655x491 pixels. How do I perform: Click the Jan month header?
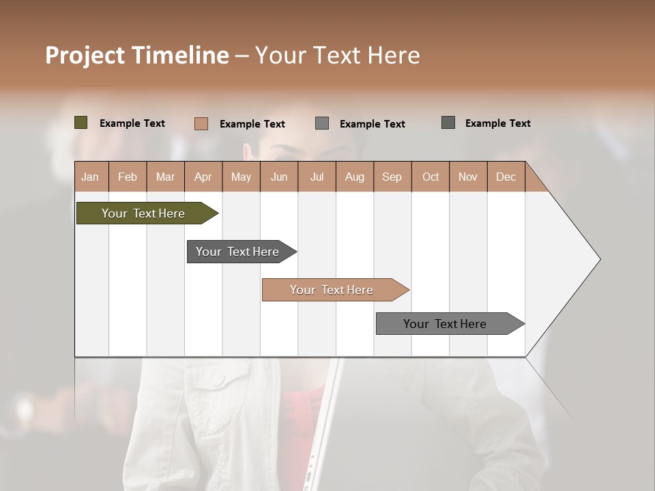click(90, 177)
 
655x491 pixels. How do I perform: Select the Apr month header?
click(203, 177)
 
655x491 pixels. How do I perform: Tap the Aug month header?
click(354, 177)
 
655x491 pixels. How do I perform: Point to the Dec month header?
click(506, 177)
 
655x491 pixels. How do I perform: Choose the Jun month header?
click(278, 177)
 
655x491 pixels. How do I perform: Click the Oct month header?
click(430, 177)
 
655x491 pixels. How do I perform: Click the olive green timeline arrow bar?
click(144, 213)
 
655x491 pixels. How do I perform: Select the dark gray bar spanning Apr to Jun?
click(238, 252)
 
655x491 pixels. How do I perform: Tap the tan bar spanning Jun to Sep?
click(332, 290)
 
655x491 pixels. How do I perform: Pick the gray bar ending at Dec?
click(445, 324)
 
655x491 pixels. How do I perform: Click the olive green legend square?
click(81, 123)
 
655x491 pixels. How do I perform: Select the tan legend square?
click(201, 123)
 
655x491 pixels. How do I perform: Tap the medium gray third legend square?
click(322, 123)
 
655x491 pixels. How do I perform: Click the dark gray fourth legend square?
click(448, 123)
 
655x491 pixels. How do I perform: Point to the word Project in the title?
click(85, 55)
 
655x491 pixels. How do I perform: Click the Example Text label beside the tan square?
click(252, 124)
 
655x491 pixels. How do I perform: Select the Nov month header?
click(467, 177)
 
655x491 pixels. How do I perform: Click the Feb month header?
click(128, 177)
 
